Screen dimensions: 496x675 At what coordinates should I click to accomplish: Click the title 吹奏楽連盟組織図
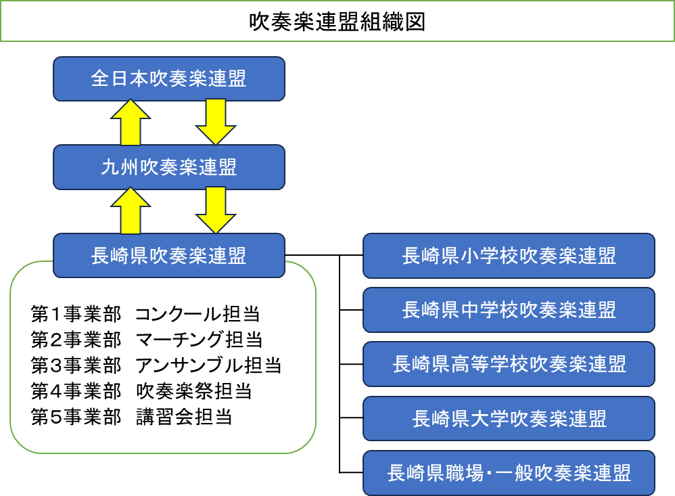[x=337, y=22]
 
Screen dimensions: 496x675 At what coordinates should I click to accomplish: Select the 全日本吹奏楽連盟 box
[x=168, y=79]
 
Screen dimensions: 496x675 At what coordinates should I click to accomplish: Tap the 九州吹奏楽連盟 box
[x=168, y=167]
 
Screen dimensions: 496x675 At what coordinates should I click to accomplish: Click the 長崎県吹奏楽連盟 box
[x=168, y=255]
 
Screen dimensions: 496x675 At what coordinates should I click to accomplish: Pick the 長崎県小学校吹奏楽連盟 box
[x=509, y=256]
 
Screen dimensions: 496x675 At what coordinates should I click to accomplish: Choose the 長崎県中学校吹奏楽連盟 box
[x=509, y=310]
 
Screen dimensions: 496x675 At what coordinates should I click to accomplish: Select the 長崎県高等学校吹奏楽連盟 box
[x=509, y=364]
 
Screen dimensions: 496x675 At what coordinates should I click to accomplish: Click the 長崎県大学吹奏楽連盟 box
[x=509, y=418]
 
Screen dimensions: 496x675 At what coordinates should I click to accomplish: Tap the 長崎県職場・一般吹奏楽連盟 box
[x=509, y=472]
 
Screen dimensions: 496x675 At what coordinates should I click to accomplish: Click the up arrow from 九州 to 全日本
[x=131, y=123]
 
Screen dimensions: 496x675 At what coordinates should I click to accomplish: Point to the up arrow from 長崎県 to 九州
[x=131, y=211]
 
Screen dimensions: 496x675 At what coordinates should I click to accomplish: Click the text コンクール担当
[x=197, y=314]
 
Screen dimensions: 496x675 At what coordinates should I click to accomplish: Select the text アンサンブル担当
[x=208, y=365]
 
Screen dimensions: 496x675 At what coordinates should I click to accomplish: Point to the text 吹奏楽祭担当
[x=193, y=391]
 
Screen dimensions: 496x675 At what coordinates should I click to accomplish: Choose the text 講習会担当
[x=184, y=417]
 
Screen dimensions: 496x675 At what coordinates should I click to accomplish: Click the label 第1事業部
[x=76, y=314]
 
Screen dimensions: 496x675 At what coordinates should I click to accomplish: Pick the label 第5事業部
[x=76, y=417]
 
